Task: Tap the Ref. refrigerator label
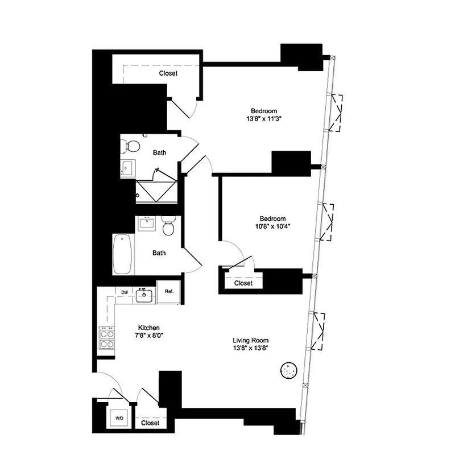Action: tap(168, 292)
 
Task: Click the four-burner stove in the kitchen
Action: tap(106, 340)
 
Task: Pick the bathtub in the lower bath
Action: tap(123, 254)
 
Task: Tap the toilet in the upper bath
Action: tap(133, 146)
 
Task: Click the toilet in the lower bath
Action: tap(168, 227)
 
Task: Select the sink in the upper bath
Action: tap(127, 168)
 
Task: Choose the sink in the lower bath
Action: tap(147, 222)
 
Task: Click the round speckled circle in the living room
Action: tap(290, 371)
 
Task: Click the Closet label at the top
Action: tap(168, 73)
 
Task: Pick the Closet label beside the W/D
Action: tap(150, 423)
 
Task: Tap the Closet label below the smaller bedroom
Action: tap(243, 283)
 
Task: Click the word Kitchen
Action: tap(148, 328)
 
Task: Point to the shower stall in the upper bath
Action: tap(156, 191)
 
